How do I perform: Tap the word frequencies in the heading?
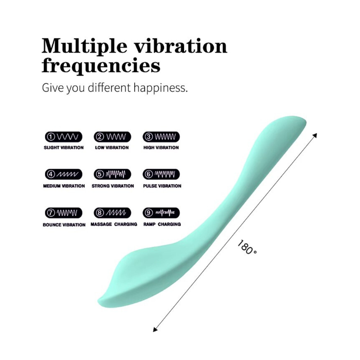tap(101, 67)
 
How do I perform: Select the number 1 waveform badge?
tap(64, 137)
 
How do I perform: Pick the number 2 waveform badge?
tap(112, 137)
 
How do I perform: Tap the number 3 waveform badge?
tap(161, 137)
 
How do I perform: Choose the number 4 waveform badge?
tap(64, 175)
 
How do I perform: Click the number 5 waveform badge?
tap(112, 175)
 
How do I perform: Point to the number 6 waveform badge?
tap(161, 175)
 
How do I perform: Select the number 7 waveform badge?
tap(64, 213)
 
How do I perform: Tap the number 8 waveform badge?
tap(112, 213)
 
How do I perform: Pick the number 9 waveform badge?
tap(161, 213)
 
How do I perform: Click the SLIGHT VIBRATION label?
tap(64, 148)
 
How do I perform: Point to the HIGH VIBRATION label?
tap(161, 148)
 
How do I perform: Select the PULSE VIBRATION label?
tap(162, 186)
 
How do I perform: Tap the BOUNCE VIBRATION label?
tap(64, 225)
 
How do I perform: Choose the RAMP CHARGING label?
tap(162, 224)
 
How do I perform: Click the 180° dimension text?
tap(247, 247)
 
